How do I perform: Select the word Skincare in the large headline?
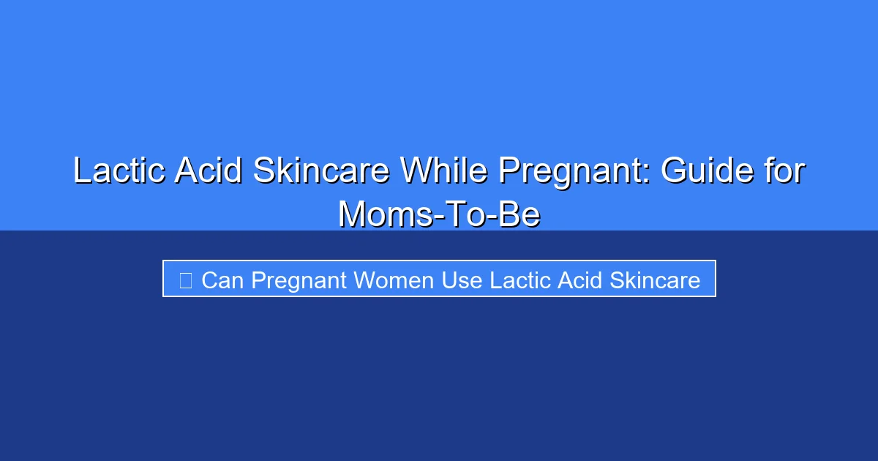pos(320,171)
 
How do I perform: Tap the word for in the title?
pos(784,171)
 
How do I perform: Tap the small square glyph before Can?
pos(185,280)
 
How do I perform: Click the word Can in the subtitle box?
pos(222,280)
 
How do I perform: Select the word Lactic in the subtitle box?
pos(520,280)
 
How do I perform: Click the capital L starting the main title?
pos(82,171)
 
